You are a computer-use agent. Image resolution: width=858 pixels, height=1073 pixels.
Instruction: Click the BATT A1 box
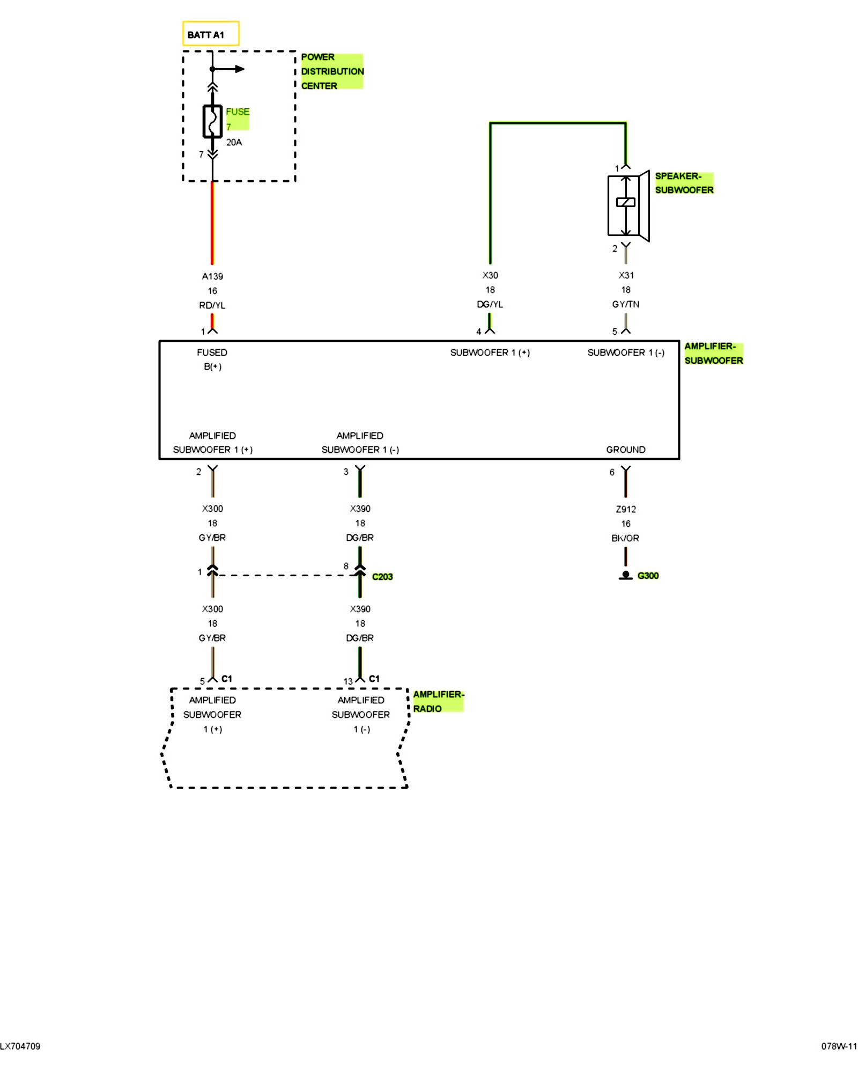210,34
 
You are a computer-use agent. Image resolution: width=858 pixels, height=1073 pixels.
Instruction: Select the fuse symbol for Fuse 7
212,122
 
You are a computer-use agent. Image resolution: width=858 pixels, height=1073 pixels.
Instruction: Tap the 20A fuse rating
234,142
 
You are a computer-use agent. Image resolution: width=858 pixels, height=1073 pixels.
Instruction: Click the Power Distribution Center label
331,71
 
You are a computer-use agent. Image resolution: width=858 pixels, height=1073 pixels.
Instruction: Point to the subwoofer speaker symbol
627,205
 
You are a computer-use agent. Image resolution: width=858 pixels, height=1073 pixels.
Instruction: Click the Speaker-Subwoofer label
684,183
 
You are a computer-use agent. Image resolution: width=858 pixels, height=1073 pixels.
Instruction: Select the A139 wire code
212,276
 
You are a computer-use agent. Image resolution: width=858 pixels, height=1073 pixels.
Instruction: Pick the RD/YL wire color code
212,305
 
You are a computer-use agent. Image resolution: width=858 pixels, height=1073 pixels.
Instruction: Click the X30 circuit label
490,275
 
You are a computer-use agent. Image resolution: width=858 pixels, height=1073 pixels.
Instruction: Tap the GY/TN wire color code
626,304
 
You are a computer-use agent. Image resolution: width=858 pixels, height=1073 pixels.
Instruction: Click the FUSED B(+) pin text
212,359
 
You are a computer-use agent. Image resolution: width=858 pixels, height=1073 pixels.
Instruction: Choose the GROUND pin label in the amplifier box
626,450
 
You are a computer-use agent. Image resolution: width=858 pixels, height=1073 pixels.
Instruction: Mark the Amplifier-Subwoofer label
713,354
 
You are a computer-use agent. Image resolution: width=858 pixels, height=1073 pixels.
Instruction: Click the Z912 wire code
626,509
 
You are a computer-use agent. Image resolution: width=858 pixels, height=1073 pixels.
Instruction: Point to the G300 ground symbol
626,576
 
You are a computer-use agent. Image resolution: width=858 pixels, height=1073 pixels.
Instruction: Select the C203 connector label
382,577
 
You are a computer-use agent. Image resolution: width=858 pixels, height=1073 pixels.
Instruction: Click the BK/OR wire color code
625,538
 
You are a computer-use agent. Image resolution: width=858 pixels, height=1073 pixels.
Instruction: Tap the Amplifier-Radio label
438,701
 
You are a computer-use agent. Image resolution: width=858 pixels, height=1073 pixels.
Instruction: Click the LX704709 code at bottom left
20,1046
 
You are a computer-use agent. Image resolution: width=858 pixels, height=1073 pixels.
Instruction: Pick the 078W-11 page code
839,1046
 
